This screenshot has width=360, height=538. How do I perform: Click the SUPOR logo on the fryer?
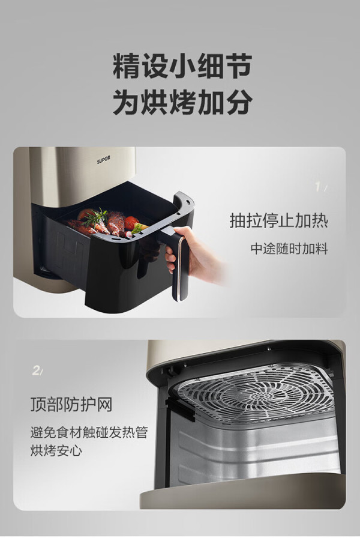coord(103,160)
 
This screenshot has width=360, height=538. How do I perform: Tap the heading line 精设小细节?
coord(182,65)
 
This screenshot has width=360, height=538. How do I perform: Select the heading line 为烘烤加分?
coord(182,101)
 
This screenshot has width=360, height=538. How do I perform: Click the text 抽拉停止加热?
coord(278,220)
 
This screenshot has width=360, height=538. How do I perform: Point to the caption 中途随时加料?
coord(289,249)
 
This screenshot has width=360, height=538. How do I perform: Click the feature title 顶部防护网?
coord(71,404)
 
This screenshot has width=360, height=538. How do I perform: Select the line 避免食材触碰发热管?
coord(89,432)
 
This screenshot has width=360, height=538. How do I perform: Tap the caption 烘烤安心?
coord(56,450)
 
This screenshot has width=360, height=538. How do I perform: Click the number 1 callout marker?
coord(319,187)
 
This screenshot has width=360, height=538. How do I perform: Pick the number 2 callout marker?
coord(37,370)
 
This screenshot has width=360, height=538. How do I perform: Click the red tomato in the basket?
coord(131,222)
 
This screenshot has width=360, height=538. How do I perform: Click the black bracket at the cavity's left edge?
coord(178,408)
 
